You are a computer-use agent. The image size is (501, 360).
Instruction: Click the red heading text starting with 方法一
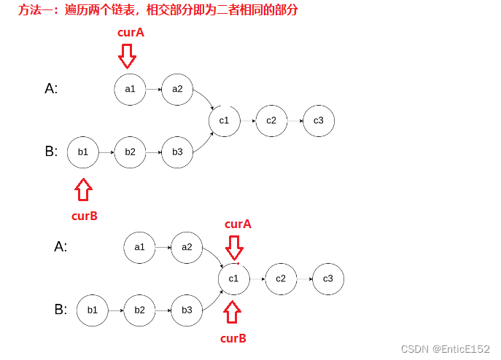(159, 10)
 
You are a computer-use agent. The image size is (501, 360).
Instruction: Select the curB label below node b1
(84, 215)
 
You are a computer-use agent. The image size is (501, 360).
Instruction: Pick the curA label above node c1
(238, 224)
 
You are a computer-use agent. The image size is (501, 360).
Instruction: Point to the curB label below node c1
(233, 338)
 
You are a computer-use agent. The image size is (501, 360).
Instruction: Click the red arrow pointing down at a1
(128, 56)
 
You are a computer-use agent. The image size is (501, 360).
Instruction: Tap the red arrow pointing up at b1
(84, 189)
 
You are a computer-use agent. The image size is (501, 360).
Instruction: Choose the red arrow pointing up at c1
(233, 312)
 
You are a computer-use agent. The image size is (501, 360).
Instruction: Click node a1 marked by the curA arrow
(131, 89)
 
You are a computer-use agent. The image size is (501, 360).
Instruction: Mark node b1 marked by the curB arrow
(82, 152)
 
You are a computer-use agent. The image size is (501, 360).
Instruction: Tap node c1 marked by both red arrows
(233, 278)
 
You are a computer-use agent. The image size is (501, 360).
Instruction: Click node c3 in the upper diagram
(319, 120)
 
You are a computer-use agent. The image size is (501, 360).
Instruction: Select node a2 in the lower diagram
(187, 247)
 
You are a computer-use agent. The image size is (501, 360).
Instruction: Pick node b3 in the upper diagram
(177, 152)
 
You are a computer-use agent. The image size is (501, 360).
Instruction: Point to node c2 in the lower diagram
(281, 278)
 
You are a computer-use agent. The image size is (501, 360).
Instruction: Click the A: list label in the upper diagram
(51, 89)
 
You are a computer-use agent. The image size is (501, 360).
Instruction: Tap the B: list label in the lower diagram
(61, 310)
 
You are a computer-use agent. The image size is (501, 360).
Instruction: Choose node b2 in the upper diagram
(130, 152)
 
